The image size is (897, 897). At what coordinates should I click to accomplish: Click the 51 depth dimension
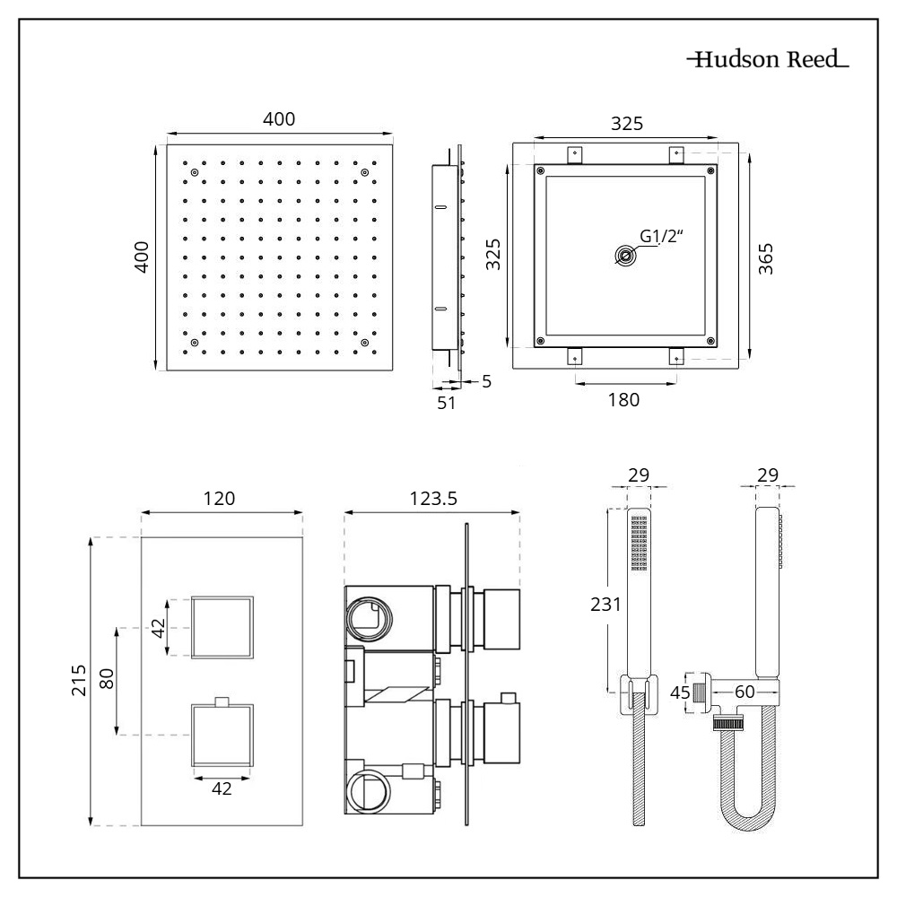[x=446, y=403]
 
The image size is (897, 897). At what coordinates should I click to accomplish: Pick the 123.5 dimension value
[x=431, y=499]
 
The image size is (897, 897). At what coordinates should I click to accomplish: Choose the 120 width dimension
[x=220, y=499]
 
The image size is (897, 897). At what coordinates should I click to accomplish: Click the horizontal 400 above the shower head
[x=278, y=118]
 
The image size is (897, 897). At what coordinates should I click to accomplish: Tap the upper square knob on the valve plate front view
[x=222, y=626]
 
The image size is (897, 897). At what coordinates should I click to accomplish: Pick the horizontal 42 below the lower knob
[x=222, y=788]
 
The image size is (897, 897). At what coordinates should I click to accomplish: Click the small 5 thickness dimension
[x=486, y=381]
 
